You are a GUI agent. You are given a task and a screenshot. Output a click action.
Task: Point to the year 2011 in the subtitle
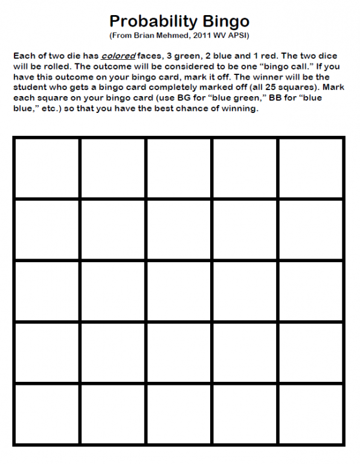[x=195, y=36]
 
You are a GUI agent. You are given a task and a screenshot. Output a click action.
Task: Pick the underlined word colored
[x=118, y=56]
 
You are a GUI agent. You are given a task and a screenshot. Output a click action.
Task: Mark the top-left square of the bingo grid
[x=47, y=168]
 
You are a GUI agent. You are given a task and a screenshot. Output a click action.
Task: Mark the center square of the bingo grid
[x=179, y=292]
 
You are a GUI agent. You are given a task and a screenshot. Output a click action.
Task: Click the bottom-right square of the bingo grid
[x=311, y=414]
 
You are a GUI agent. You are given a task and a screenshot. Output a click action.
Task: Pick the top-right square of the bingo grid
[x=311, y=168]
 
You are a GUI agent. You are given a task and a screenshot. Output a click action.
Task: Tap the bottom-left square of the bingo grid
[x=47, y=414]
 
